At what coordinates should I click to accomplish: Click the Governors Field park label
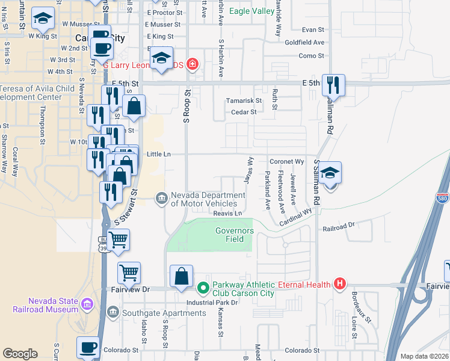pos(235,235)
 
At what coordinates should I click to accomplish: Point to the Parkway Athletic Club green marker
pos(203,287)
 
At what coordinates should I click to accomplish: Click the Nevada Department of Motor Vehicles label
pos(208,199)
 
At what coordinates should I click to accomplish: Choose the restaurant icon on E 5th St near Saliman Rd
pos(333,85)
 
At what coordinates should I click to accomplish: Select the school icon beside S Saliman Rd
pos(329,173)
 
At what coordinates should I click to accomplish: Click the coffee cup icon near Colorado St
pos(88,348)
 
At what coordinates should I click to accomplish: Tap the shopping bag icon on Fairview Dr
pos(181,277)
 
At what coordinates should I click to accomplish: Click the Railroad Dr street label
pos(339,227)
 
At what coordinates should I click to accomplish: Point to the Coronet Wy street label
pos(286,162)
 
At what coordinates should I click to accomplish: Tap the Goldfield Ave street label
pos(304,43)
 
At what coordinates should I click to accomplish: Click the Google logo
pos(20,354)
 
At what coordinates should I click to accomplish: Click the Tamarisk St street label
pos(244,100)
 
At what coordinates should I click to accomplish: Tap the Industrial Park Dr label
pos(212,301)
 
